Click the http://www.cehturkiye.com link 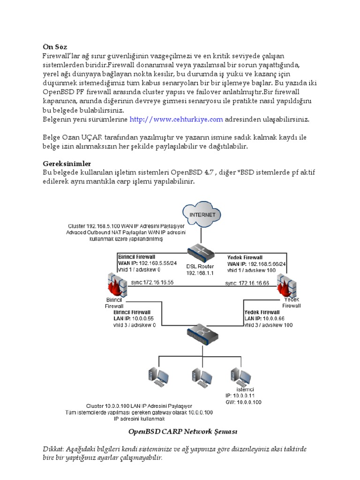click(176, 120)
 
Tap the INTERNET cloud click(202, 215)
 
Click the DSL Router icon click(200, 254)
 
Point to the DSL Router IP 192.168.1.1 click(200, 273)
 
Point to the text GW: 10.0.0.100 click(244, 402)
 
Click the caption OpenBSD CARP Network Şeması click(180, 430)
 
